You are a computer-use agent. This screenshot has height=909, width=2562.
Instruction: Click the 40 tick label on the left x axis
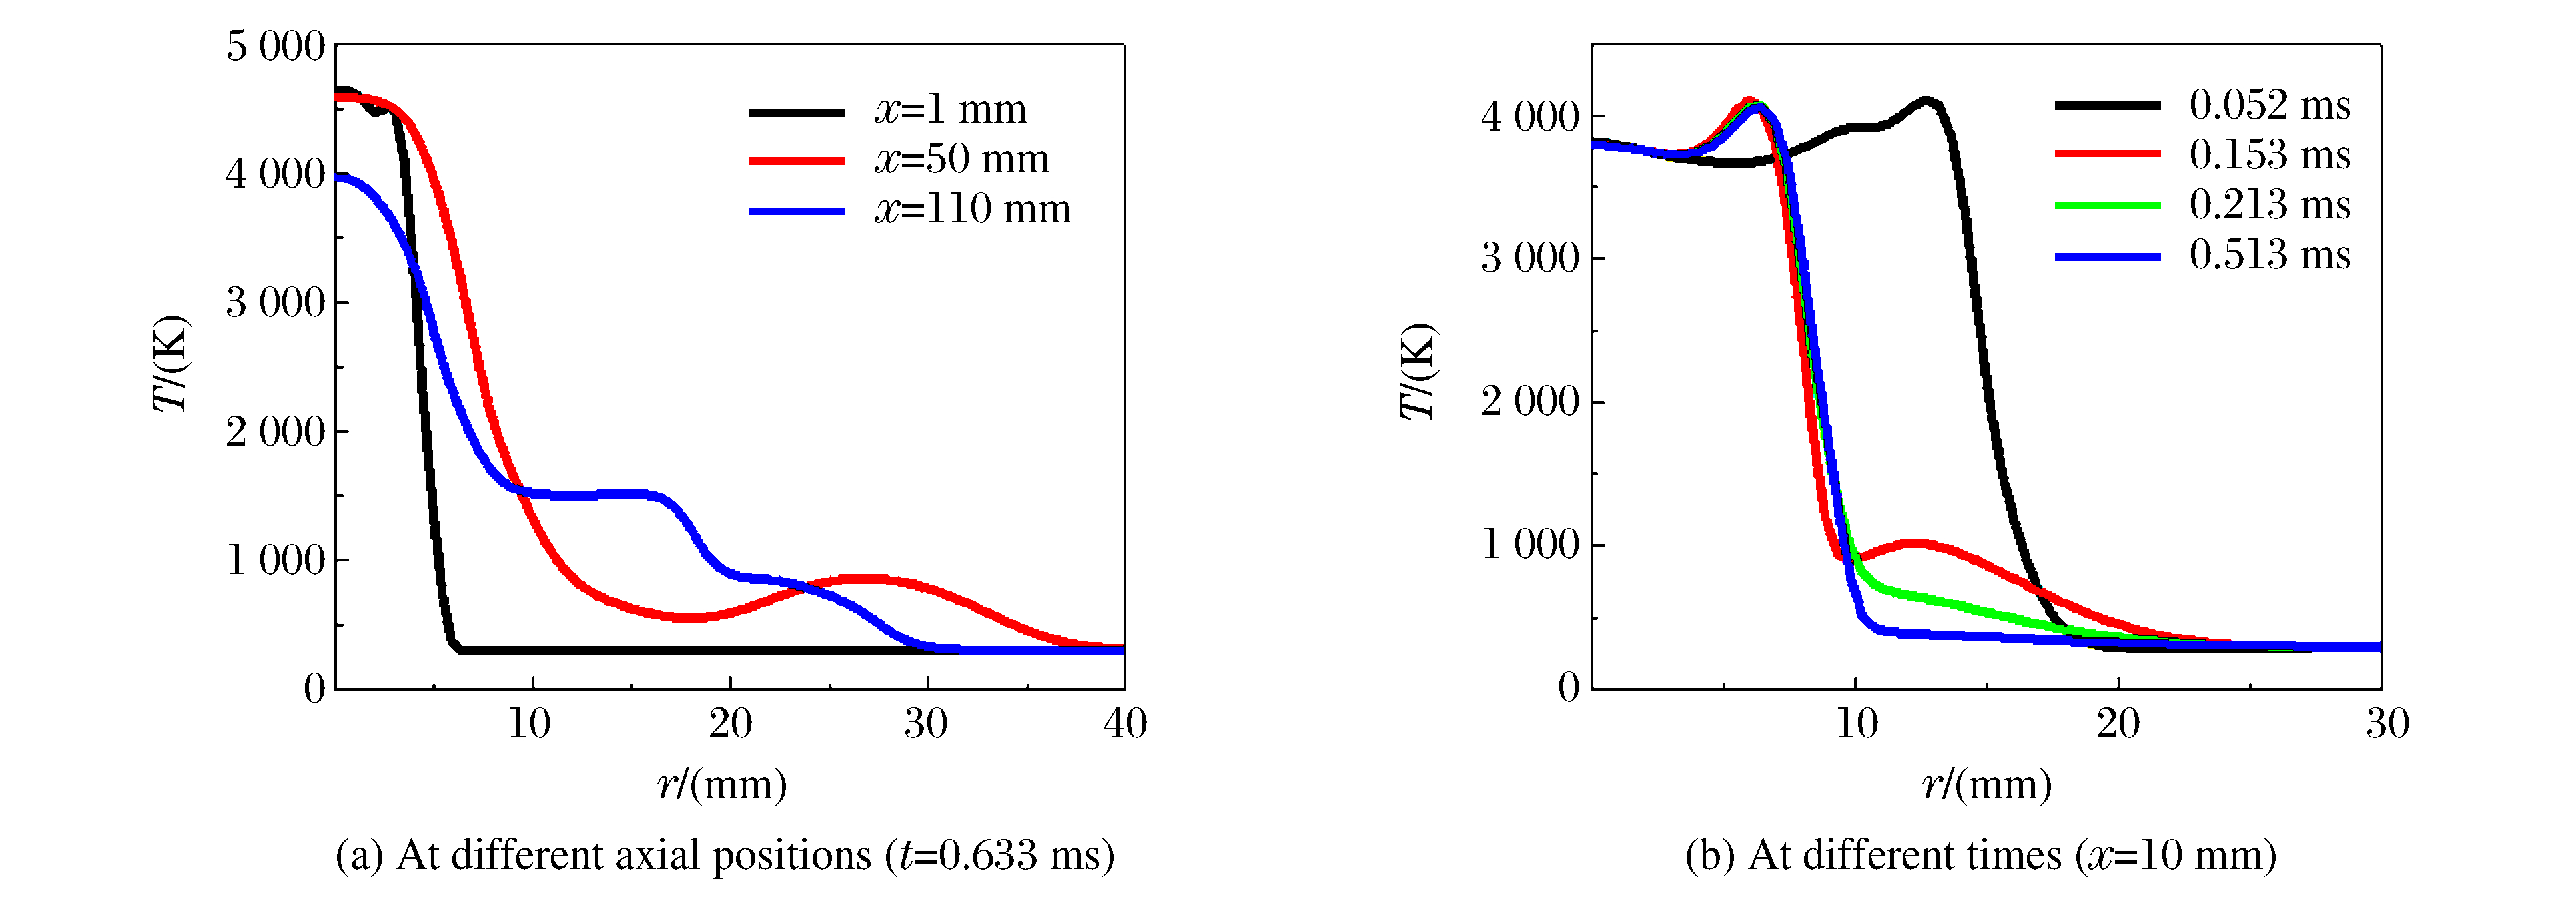(1125, 724)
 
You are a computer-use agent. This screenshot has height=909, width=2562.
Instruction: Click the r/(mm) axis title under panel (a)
(722, 786)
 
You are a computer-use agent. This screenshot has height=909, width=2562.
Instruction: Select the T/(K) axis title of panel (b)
(1418, 370)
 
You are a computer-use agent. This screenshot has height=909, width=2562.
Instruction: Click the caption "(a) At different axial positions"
(724, 855)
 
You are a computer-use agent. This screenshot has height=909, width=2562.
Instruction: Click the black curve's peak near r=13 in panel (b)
(1926, 101)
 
